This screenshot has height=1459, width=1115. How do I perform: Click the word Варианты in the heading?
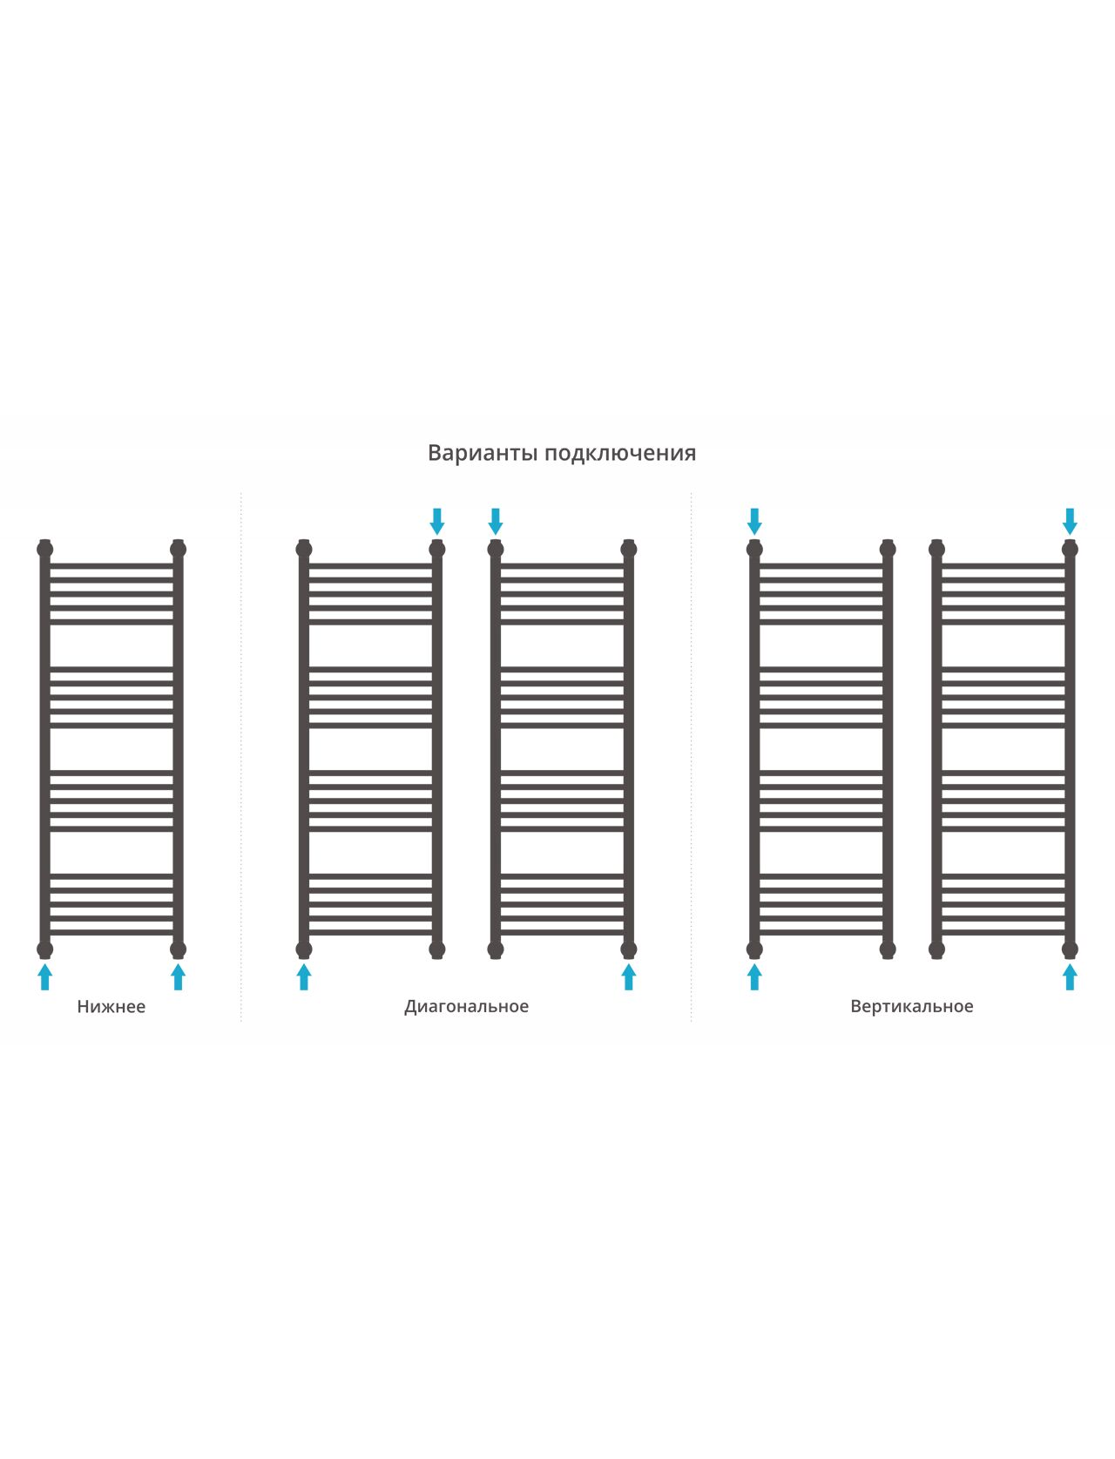click(x=483, y=453)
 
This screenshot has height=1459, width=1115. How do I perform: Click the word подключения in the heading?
click(x=620, y=454)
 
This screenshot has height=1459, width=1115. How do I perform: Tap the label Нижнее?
click(x=111, y=1006)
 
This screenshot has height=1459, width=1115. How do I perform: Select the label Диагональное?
click(x=466, y=1007)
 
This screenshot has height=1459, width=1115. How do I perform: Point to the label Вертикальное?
click(x=912, y=1006)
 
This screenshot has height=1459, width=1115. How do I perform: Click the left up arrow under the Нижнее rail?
click(x=45, y=977)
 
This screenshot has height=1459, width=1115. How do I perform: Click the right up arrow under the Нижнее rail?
click(x=178, y=977)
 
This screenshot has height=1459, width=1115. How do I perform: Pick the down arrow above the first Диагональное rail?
click(x=437, y=522)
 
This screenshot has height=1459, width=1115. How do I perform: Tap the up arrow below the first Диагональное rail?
click(x=304, y=977)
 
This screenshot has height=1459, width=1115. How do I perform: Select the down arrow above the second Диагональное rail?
click(x=496, y=522)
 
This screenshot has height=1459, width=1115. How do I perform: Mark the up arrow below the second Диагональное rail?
click(x=629, y=977)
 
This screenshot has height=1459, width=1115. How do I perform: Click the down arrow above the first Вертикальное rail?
click(x=754, y=522)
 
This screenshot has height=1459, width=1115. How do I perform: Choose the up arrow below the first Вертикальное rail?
click(x=754, y=977)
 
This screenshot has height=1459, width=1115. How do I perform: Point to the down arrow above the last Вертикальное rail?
click(x=1070, y=522)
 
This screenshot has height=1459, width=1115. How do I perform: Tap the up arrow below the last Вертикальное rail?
click(x=1070, y=977)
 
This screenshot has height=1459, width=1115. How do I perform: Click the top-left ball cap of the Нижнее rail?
click(x=45, y=549)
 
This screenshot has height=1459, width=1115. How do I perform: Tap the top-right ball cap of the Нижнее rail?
click(x=178, y=549)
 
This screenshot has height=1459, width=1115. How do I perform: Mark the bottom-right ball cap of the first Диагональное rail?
click(x=437, y=949)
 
